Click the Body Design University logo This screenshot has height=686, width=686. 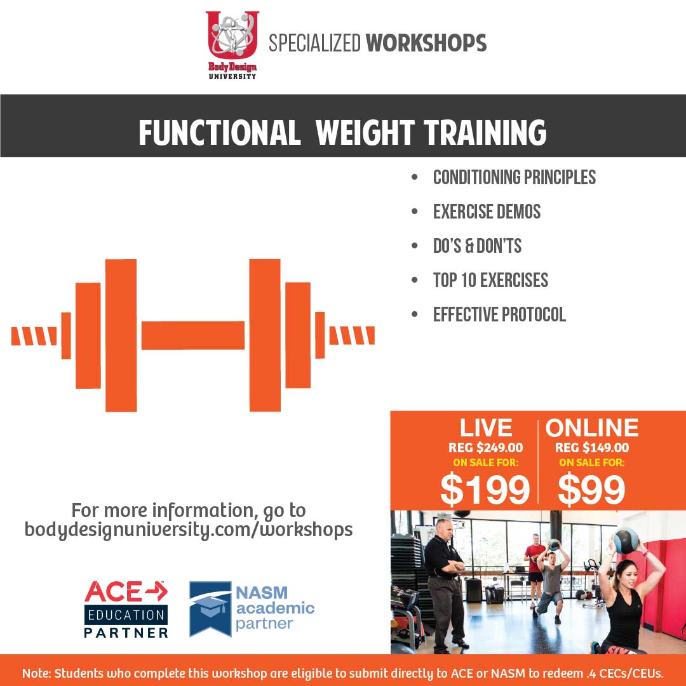pos(232,45)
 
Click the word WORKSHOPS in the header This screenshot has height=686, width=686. pos(426,43)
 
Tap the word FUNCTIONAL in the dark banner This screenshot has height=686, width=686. pos(220,133)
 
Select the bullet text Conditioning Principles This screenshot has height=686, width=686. pos(514,177)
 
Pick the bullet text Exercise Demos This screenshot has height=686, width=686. pos(487,212)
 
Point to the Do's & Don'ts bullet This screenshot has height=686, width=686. pos(477,245)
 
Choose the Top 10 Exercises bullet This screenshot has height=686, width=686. pos(490,280)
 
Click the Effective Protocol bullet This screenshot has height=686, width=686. pos(499,314)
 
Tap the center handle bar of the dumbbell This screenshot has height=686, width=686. pos(193,335)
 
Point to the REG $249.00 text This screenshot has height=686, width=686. pos(486,448)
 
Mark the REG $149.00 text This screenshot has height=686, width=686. pos(592,448)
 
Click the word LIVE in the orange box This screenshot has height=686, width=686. pos(486,427)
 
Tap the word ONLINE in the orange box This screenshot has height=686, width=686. pos(592,427)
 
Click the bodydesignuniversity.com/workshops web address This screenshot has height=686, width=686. pos(189,529)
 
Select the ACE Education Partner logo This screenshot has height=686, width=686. pos(126,609)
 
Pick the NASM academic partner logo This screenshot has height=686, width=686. pos(252,609)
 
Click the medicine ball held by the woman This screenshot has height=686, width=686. pos(626,541)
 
